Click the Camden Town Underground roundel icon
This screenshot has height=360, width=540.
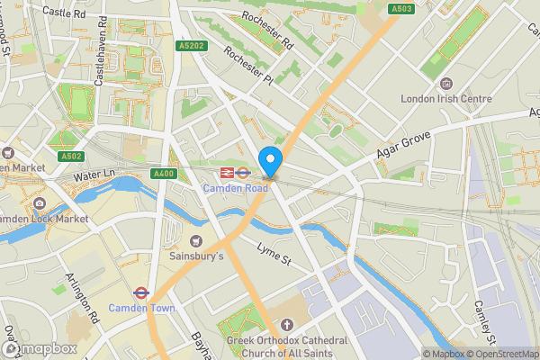click(140, 292)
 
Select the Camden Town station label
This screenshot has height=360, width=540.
click(140, 308)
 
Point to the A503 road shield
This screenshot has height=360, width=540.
click(402, 9)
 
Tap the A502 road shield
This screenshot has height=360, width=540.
click(74, 156)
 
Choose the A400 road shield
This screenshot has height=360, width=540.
click(164, 174)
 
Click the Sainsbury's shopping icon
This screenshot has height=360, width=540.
click(196, 240)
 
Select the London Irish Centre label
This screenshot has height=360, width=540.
click(446, 99)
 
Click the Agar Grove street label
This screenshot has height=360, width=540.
click(408, 144)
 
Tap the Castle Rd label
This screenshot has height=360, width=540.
click(62, 13)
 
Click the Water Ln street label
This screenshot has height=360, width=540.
click(96, 173)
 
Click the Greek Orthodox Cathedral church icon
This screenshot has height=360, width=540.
click(287, 324)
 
